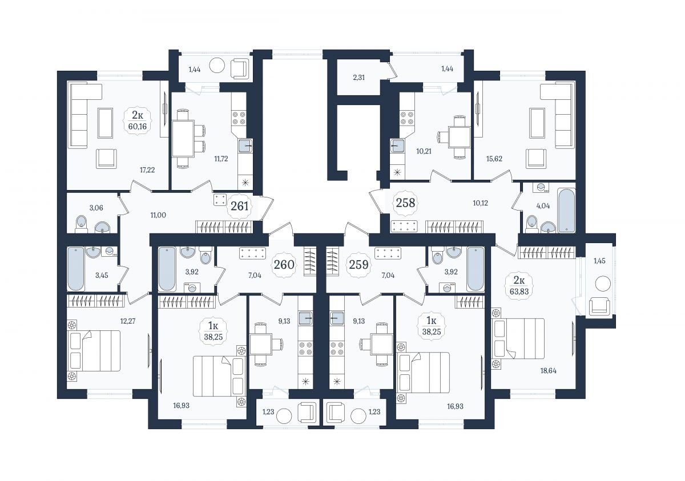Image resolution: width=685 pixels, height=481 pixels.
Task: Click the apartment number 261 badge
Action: (239, 207)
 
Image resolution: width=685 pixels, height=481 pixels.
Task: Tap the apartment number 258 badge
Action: (405, 203)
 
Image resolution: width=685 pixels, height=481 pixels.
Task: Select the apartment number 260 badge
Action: (284, 265)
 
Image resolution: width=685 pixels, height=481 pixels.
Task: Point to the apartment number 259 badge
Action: (358, 265)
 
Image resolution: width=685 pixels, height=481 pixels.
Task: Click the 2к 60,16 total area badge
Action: (138, 120)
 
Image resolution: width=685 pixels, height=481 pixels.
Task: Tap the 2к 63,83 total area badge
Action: (519, 285)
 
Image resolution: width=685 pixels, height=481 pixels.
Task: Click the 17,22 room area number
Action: (147, 170)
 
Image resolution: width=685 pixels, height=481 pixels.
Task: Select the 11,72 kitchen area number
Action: (221, 159)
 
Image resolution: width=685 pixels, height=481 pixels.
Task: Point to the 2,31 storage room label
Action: (358, 78)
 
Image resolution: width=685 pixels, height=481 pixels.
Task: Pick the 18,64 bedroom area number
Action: (548, 371)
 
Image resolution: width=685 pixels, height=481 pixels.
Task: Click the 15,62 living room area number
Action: (494, 159)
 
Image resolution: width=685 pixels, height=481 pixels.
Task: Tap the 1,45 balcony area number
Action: (599, 261)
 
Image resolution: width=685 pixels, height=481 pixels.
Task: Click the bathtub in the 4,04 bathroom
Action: (566, 210)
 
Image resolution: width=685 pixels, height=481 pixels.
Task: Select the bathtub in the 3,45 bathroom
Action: (75, 269)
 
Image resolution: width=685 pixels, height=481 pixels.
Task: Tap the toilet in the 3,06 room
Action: (81, 224)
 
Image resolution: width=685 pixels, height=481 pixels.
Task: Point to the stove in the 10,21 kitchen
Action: (407, 118)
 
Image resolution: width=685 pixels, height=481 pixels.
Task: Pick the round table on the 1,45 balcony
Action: (603, 284)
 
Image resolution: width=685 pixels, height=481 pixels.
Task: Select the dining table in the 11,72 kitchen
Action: (183, 139)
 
